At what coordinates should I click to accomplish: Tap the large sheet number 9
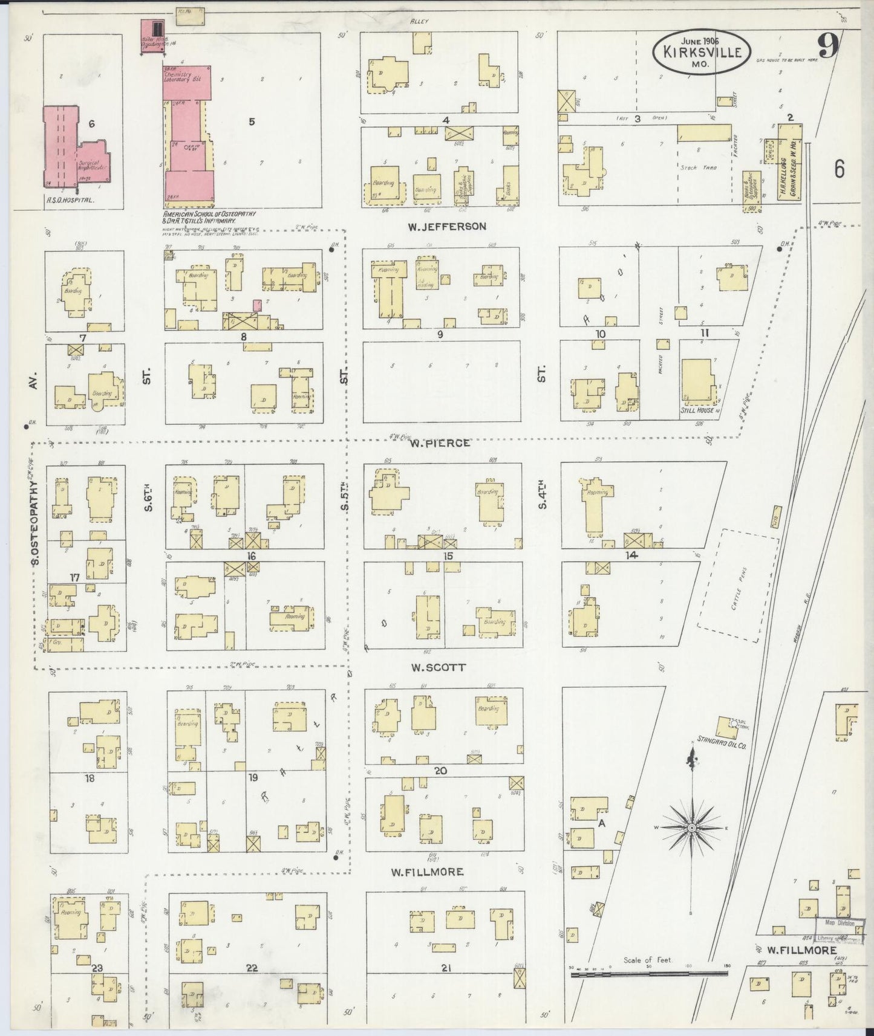828,46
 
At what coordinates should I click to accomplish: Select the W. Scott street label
439,667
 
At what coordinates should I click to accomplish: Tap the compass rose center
691,827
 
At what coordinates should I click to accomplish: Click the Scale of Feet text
647,960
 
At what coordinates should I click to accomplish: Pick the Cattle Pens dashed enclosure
739,586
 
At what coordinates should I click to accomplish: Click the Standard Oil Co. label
722,746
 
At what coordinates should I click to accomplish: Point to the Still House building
697,382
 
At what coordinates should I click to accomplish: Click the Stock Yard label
702,167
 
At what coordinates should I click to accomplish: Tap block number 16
251,555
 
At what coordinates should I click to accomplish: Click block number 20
440,771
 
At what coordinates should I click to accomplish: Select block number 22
252,968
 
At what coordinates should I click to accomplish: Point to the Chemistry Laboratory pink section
186,82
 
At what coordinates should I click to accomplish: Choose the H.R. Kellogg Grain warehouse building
789,162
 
